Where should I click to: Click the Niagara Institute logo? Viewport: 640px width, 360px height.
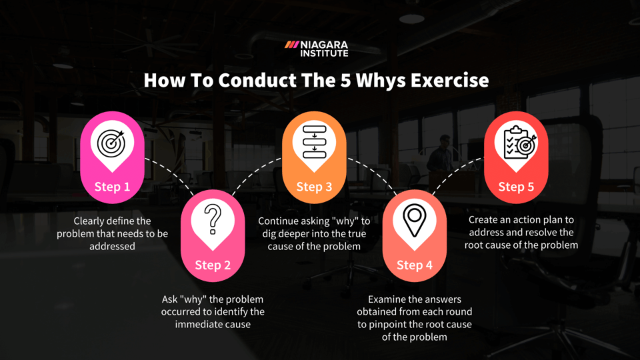coord(317,49)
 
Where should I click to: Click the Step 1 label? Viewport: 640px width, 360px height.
coord(112,187)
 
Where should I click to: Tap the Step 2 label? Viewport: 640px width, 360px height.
coord(213,265)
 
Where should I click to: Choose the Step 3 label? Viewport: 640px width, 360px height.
coord(314,187)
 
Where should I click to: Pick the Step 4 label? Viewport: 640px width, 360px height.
coord(415,265)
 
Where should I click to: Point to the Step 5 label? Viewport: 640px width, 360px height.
coord(516,187)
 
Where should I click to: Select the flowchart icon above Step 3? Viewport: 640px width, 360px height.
coord(314,141)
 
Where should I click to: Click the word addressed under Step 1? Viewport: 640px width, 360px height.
coord(112,247)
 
